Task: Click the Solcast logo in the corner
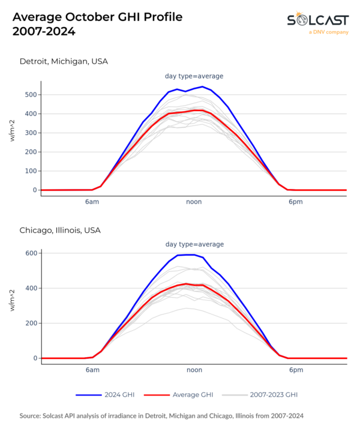click(x=316, y=22)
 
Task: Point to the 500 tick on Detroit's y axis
click(x=29, y=95)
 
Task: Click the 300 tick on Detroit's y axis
click(x=29, y=133)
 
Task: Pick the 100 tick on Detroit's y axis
click(x=29, y=171)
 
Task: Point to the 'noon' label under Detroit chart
click(x=194, y=202)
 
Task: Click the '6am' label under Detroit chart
click(x=92, y=202)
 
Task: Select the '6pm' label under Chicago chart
click(x=295, y=370)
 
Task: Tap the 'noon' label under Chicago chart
click(x=194, y=370)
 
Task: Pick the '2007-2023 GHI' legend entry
click(x=273, y=395)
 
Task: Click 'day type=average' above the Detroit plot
click(x=194, y=76)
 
